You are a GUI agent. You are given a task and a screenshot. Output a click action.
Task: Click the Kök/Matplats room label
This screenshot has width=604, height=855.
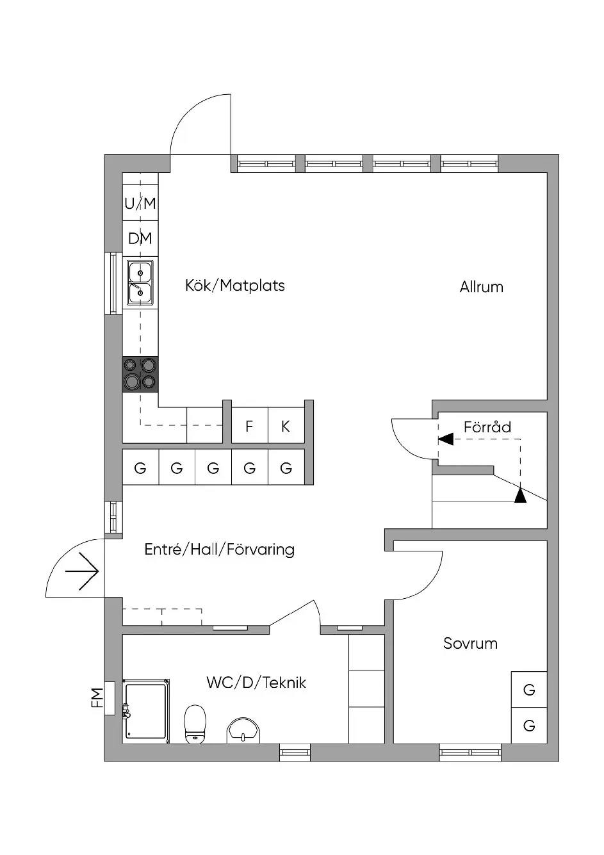pos(235,286)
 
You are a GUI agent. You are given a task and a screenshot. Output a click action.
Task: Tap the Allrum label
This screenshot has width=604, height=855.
pos(482,287)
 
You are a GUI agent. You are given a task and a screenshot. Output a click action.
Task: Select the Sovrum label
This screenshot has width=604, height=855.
pos(470,643)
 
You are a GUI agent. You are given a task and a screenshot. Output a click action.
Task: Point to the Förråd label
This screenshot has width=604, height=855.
pos(487,427)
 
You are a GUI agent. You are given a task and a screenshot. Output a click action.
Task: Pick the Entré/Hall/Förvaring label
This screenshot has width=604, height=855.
pos(220,550)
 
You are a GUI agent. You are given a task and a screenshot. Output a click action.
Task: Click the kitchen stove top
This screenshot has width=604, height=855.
pos(140,374)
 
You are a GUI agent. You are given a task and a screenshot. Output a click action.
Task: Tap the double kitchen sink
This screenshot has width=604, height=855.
pos(140,283)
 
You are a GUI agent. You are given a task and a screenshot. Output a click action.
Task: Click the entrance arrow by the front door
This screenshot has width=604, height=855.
pos(83,571)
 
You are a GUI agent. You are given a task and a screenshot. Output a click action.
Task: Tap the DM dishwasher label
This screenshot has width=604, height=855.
pos(140,238)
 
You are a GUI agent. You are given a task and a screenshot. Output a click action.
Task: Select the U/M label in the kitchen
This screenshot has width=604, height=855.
pos(140,204)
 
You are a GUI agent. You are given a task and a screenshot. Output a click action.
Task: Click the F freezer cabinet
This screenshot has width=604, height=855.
pos(249,426)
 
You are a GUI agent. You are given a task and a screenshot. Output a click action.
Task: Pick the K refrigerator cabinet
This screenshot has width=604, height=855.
pos(286,426)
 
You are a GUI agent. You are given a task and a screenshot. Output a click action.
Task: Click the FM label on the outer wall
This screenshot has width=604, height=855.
pos(97,698)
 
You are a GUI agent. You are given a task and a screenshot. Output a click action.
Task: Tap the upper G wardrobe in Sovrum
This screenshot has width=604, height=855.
pos(529,689)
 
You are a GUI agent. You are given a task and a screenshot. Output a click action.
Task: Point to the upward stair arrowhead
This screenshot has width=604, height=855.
pos(520,495)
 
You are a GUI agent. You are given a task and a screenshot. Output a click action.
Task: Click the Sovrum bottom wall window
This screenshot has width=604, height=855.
pos(470,753)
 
